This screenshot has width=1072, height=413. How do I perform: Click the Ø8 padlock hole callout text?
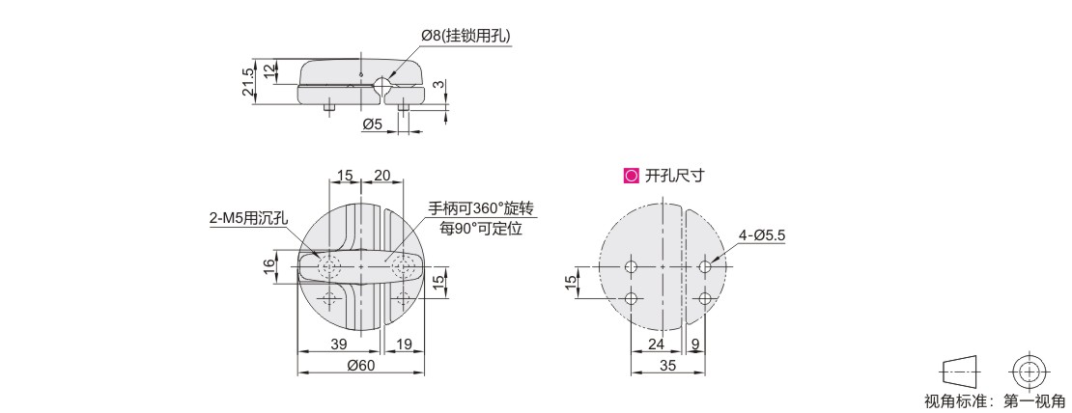coord(465,36)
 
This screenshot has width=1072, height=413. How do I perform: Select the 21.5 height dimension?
coord(249,82)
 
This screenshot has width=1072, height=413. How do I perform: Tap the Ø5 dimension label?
coord(372,124)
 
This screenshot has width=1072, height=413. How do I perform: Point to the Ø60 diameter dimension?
coord(361,365)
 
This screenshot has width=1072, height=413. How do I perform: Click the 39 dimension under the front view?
coord(338,344)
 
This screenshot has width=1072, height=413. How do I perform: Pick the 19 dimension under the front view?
coord(404,344)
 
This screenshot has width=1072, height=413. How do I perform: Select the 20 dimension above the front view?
coord(382,176)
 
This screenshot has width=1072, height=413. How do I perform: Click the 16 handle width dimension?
coord(270,265)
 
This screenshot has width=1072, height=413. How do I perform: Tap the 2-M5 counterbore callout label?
coord(249,218)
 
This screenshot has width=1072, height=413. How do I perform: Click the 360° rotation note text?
coord(481,207)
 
